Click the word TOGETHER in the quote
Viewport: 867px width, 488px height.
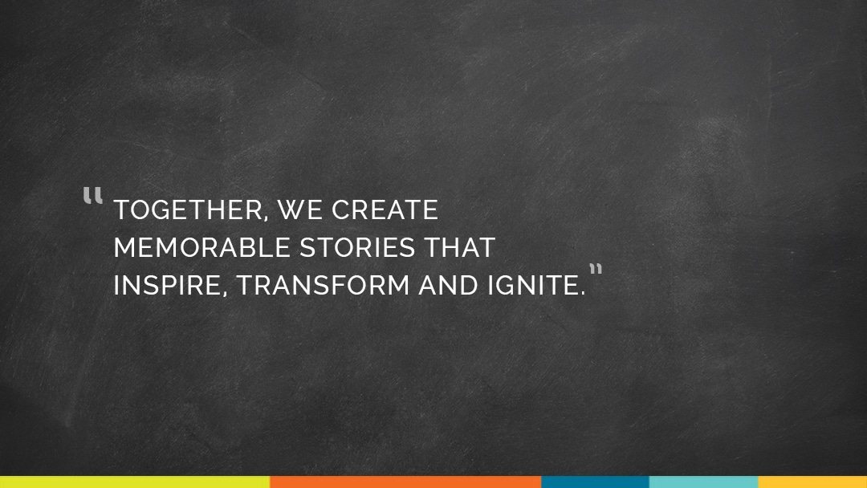click(x=187, y=210)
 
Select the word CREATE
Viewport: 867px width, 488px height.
click(x=385, y=210)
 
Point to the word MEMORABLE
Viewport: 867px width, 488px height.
click(x=201, y=247)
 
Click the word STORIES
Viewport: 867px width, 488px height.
click(x=357, y=247)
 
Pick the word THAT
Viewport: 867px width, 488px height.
click(x=459, y=247)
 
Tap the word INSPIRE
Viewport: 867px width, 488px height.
click(x=168, y=285)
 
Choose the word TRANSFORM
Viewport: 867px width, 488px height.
click(x=323, y=285)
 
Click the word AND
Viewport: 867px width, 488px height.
click(x=449, y=285)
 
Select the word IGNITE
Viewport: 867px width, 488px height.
click(x=533, y=285)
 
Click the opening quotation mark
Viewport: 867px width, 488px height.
click(x=93, y=196)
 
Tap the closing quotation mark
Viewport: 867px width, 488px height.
click(x=596, y=270)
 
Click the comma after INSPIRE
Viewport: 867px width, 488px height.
click(x=225, y=295)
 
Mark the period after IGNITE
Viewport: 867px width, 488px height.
click(x=582, y=294)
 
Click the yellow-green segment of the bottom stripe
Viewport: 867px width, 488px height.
click(x=135, y=482)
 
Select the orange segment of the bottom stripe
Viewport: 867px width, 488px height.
click(x=405, y=482)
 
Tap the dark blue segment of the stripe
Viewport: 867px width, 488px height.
click(x=595, y=482)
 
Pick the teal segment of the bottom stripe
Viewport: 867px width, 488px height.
click(x=703, y=482)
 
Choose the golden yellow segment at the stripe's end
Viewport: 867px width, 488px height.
click(x=812, y=482)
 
